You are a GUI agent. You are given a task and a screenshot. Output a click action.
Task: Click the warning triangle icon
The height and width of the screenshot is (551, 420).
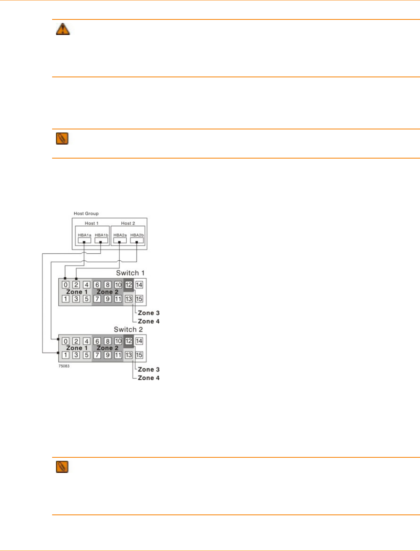pyautogui.click(x=63, y=29)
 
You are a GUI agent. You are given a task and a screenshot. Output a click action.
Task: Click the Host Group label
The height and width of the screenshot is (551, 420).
pyautogui.click(x=86, y=213)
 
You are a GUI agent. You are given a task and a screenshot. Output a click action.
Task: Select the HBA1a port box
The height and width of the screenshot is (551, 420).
pyautogui.click(x=84, y=240)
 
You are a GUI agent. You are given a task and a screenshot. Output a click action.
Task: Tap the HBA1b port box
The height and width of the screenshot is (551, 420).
pyautogui.click(x=101, y=240)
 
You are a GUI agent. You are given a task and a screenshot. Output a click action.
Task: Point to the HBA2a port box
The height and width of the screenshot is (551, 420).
pyautogui.click(x=120, y=240)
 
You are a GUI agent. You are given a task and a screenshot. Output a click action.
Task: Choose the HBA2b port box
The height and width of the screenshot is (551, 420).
pyautogui.click(x=137, y=240)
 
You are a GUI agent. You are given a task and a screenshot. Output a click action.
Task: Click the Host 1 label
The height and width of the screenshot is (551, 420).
pyautogui.click(x=91, y=223)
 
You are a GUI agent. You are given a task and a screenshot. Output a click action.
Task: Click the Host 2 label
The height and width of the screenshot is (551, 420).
pyautogui.click(x=128, y=223)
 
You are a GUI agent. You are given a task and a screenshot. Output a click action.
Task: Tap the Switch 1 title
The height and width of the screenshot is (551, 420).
pyautogui.click(x=130, y=273)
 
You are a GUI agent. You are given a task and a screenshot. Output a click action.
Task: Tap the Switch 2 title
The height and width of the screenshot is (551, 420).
pyautogui.click(x=128, y=330)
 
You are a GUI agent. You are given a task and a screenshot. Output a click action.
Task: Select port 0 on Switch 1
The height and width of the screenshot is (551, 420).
pyautogui.click(x=66, y=285)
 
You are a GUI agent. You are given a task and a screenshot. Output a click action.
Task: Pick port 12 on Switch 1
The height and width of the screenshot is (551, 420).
pyautogui.click(x=129, y=285)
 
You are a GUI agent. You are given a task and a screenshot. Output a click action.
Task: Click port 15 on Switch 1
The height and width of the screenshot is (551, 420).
pyautogui.click(x=139, y=299)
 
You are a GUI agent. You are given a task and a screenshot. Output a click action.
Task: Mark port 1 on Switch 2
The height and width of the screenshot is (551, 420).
pyautogui.click(x=66, y=355)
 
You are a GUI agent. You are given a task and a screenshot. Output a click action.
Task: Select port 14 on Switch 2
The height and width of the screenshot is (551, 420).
pyautogui.click(x=139, y=341)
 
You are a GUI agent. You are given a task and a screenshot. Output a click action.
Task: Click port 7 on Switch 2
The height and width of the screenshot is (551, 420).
pyautogui.click(x=97, y=355)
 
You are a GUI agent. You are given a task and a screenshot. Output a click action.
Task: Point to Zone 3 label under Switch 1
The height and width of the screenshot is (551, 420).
pyautogui.click(x=149, y=313)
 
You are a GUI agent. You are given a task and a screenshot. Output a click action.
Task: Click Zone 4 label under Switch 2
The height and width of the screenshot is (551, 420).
pyautogui.click(x=149, y=378)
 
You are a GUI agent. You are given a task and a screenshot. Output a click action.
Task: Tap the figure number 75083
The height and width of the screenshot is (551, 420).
pyautogui.click(x=64, y=366)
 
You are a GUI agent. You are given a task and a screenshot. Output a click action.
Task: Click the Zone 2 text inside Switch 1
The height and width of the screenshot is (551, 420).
pyautogui.click(x=107, y=292)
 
